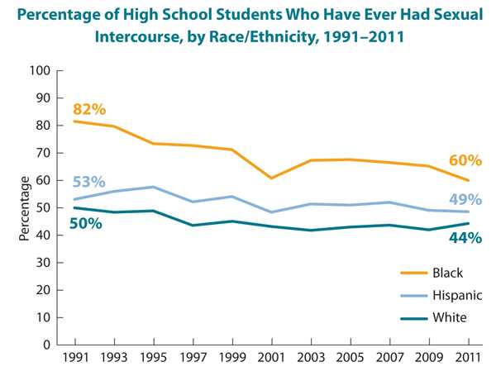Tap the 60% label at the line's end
point(465,161)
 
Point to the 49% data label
point(465,199)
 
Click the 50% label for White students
point(85,223)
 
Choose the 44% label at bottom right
point(465,239)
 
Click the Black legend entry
point(445,273)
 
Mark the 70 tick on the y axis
point(43,153)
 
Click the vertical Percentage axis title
point(25,207)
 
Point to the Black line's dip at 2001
point(272,178)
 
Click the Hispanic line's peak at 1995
point(154,187)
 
